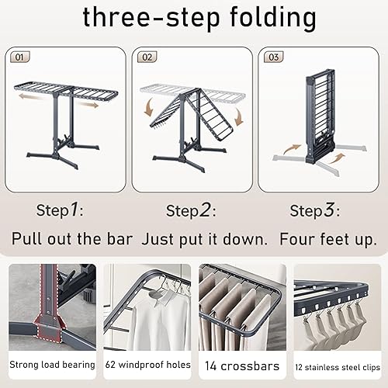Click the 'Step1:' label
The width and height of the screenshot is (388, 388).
coord(58,210)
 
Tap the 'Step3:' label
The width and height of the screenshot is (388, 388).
coord(314,210)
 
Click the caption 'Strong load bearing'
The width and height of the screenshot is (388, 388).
coord(52,364)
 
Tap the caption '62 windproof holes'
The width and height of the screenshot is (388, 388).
coord(147,364)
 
